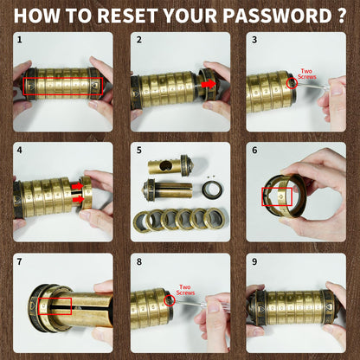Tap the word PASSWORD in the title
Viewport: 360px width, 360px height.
click(277, 16)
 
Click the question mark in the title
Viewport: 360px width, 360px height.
click(341, 16)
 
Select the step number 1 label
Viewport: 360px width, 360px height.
click(19, 40)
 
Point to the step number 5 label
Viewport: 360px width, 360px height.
click(139, 151)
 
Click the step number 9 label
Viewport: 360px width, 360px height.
click(254, 261)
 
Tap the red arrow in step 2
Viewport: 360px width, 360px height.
click(209, 84)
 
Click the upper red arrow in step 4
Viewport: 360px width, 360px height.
click(77, 186)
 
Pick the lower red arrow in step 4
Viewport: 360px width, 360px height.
click(77, 200)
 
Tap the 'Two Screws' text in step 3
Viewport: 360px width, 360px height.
click(306, 74)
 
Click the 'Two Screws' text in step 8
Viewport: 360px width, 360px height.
click(185, 290)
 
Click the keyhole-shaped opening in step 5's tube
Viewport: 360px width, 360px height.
click(166, 166)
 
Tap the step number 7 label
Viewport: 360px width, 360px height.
click(19, 261)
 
